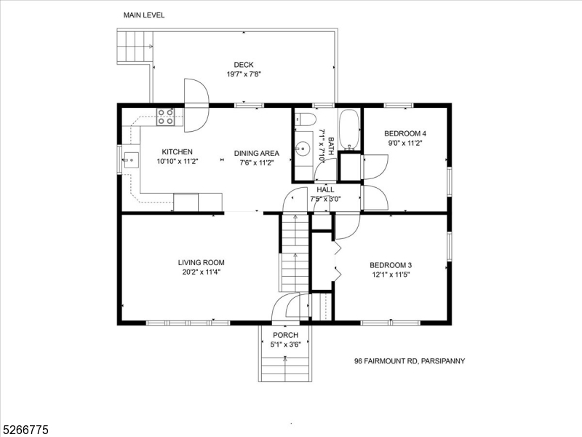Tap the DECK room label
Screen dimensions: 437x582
(x=244, y=65)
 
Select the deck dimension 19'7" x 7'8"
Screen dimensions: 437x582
(x=244, y=74)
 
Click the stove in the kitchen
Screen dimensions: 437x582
(x=165, y=117)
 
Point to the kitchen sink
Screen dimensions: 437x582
(x=132, y=159)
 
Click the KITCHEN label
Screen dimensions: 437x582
(x=177, y=151)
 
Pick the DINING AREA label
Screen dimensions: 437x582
(x=257, y=153)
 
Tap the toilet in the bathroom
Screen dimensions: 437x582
(x=306, y=119)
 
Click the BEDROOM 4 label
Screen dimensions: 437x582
(x=405, y=133)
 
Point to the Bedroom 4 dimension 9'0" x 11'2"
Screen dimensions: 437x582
(x=405, y=143)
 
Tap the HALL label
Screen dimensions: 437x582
(x=325, y=189)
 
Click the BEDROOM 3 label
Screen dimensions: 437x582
(x=391, y=264)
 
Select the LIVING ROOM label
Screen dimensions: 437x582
(x=202, y=262)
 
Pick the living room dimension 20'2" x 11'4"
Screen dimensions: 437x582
(x=202, y=272)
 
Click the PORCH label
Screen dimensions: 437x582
(x=285, y=335)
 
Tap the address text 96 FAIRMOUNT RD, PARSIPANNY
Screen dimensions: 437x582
(x=410, y=361)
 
